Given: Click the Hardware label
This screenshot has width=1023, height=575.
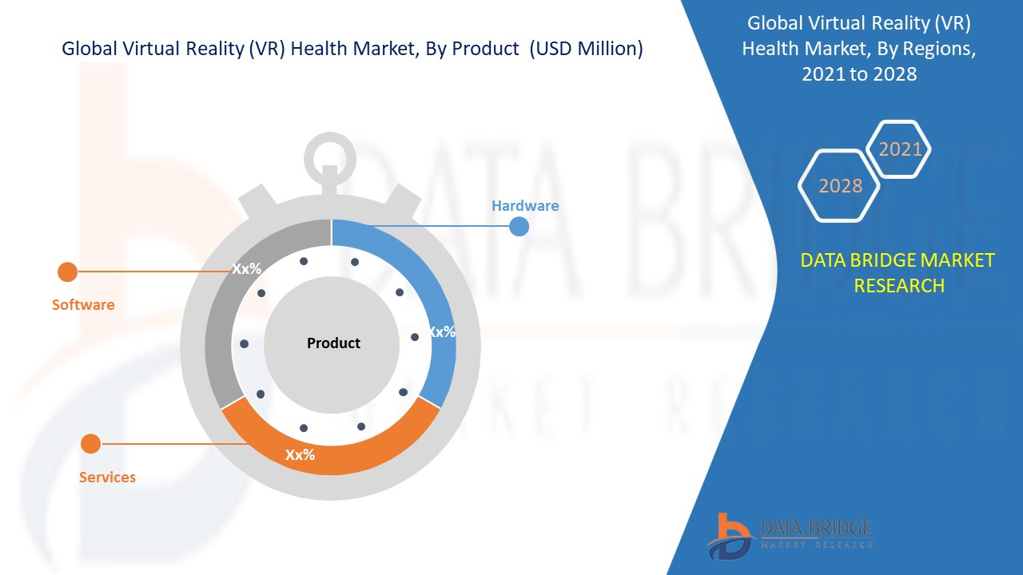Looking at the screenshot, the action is click(525, 206).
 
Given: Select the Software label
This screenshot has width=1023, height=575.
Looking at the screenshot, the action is click(83, 304).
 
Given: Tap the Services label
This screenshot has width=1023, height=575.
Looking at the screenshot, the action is click(107, 477).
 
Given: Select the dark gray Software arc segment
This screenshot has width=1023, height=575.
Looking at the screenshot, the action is click(219, 319).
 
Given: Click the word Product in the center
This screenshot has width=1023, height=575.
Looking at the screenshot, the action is click(333, 343).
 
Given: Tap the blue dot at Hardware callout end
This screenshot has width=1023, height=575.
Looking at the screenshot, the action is click(519, 226).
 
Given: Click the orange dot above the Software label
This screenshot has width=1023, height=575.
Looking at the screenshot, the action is click(68, 272).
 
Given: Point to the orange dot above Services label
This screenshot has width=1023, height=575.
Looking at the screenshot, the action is click(90, 443).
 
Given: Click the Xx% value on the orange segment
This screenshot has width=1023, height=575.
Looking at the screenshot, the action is click(300, 454).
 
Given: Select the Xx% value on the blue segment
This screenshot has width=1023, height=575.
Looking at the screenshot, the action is click(442, 331).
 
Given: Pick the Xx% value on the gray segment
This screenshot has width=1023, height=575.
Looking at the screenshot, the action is click(247, 269).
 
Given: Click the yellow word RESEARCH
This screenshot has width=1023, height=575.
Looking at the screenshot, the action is click(899, 286).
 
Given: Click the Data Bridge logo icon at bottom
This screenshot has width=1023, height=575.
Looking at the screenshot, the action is click(730, 537).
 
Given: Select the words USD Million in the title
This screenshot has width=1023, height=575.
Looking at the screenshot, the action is click(586, 49).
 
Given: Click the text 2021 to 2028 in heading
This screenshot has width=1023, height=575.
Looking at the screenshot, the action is click(859, 74).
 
